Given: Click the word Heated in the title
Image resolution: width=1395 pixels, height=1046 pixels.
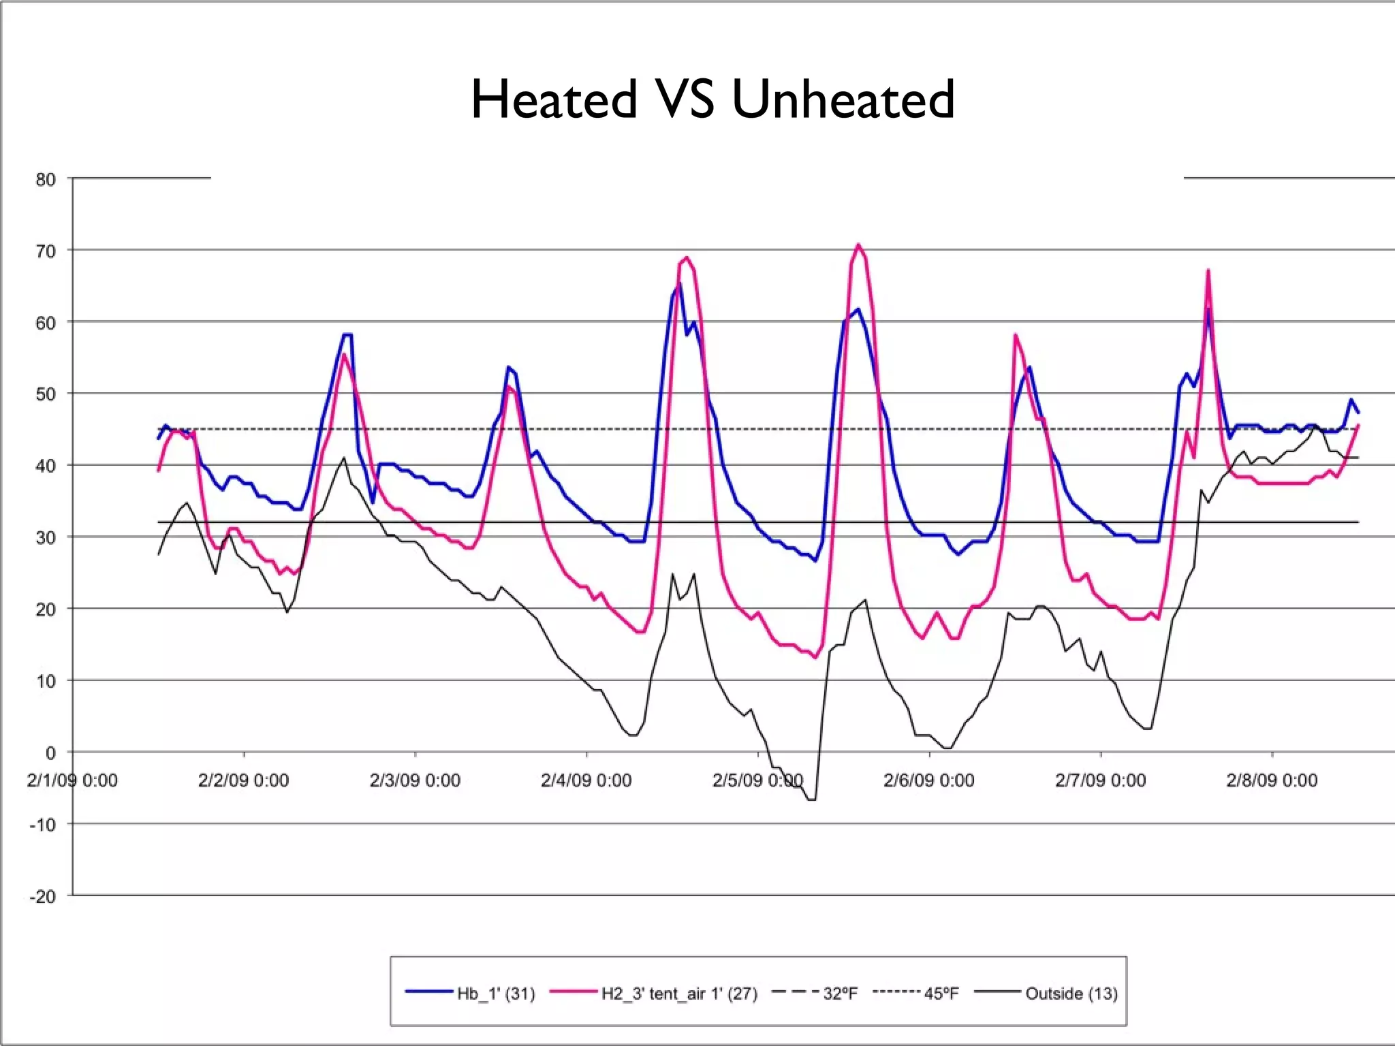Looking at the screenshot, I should (554, 99).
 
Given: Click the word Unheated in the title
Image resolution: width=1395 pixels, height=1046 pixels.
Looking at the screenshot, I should (843, 99).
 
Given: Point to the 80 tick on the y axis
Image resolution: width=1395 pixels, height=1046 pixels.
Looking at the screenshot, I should (46, 180).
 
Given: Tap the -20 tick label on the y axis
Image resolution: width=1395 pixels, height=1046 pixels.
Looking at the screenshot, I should (42, 896).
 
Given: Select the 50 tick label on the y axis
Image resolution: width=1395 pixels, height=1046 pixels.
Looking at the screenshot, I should (46, 394).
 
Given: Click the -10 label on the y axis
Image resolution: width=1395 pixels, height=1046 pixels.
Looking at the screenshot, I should (42, 825).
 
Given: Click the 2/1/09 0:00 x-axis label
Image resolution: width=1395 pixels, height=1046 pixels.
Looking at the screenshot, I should (72, 780).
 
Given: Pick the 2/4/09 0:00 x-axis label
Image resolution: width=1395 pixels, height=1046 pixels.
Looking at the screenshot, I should (586, 780).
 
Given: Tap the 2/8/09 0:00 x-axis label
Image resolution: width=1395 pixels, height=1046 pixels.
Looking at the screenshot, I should (1272, 780).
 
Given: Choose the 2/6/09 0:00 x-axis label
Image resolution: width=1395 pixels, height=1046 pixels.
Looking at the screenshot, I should (929, 780).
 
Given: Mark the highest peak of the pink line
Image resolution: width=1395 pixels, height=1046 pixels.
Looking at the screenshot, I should (858, 244).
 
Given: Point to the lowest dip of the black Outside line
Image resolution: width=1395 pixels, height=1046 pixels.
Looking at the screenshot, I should (811, 799).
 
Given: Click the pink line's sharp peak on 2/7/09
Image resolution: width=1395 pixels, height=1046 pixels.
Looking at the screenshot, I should (1208, 270).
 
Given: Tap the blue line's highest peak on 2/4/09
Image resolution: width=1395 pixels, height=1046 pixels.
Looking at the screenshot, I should (678, 284).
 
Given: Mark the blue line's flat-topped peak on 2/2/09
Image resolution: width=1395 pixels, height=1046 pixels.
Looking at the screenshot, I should (347, 334).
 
